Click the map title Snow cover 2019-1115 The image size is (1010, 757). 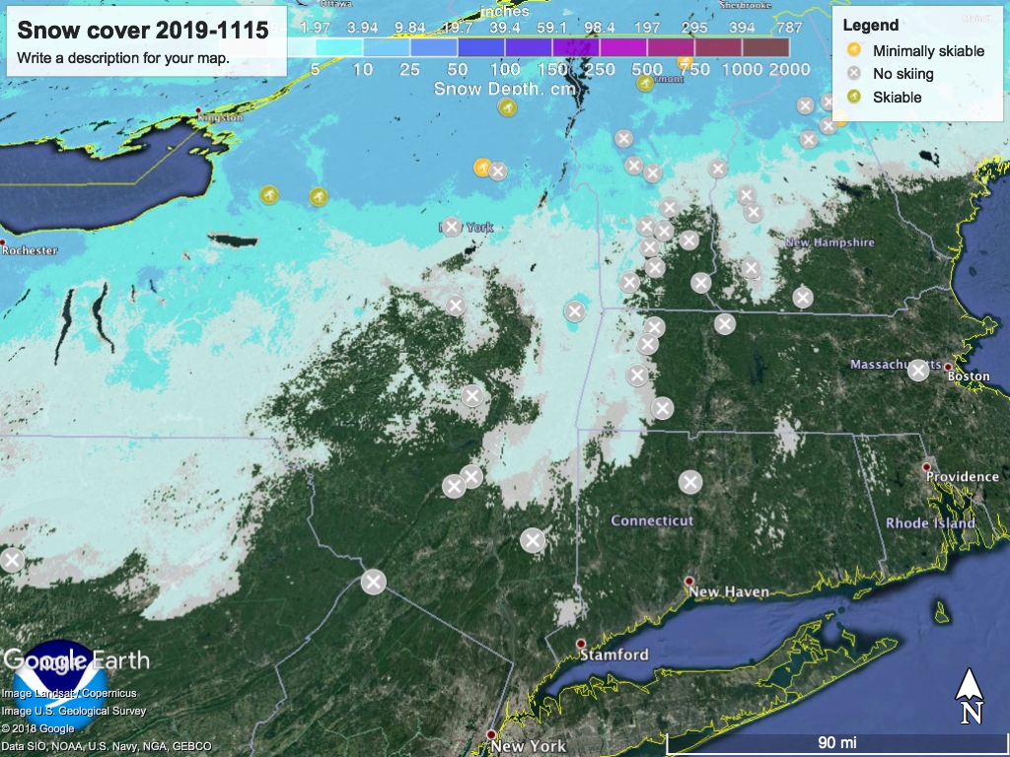143,31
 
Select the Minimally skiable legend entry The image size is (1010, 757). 928,51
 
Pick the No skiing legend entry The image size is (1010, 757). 902,74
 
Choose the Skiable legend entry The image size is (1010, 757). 897,98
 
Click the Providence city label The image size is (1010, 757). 962,477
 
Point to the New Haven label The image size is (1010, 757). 730,592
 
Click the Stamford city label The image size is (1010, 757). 613,654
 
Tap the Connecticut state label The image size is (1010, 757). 652,520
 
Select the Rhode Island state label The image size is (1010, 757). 930,523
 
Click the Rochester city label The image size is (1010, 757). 31,250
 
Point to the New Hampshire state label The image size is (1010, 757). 830,242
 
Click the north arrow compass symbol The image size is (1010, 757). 971,696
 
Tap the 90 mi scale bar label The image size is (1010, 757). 836,741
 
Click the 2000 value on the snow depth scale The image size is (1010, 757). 789,69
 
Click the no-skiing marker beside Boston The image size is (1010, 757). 918,370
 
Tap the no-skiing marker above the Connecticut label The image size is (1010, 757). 690,482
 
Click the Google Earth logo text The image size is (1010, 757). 77,659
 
